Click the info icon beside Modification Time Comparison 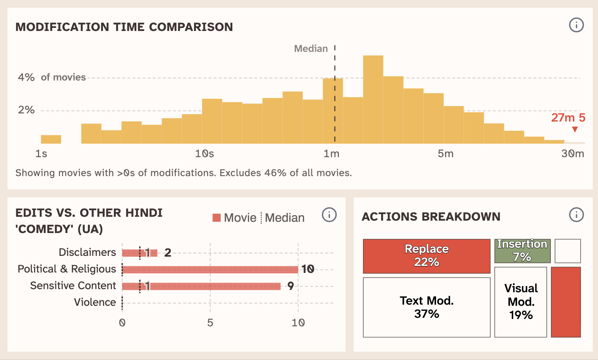[576, 25]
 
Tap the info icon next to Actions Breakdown [576, 214]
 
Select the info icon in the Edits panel [329, 214]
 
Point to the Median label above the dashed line [311, 49]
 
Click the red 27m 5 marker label [568, 118]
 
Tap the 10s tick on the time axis [204, 154]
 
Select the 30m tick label [572, 154]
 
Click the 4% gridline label [26, 77]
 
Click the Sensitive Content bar [201, 286]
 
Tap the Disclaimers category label [87, 252]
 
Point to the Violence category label [95, 302]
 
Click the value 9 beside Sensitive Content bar [290, 286]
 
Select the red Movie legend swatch [217, 218]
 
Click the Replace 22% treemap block [426, 256]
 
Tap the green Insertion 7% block [522, 251]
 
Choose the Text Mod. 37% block [426, 307]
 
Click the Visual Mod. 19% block [521, 302]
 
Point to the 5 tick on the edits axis [210, 323]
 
